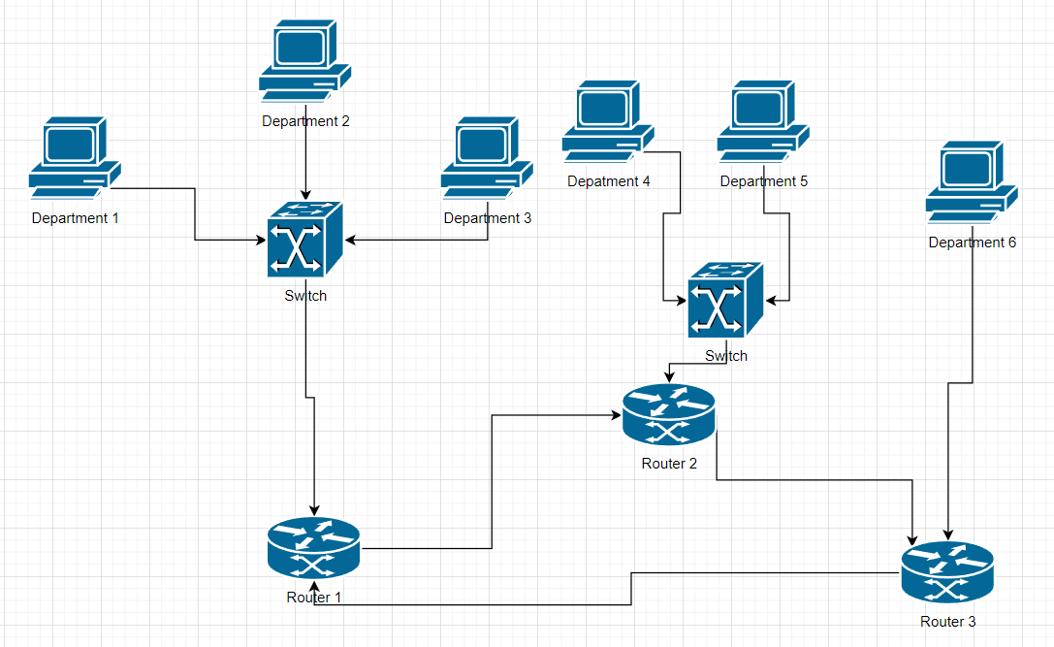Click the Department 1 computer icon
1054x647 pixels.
coord(75,157)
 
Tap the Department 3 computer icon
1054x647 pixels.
coord(487,157)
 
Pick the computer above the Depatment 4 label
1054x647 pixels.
coord(608,120)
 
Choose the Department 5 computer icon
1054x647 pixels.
coord(763,120)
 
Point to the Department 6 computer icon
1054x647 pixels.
coord(972,181)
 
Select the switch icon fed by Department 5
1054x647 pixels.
coord(725,300)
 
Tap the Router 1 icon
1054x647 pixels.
coord(313,548)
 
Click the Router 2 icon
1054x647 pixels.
coord(669,415)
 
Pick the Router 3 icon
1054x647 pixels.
coord(947,572)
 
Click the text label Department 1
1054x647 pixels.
coord(75,218)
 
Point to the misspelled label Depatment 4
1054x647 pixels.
coord(608,181)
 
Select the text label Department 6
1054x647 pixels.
coord(972,243)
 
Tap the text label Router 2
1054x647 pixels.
coord(669,464)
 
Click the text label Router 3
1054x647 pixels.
coord(947,622)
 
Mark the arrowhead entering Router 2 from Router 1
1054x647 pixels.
coord(617,415)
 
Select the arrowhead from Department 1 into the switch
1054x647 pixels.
coord(263,240)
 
